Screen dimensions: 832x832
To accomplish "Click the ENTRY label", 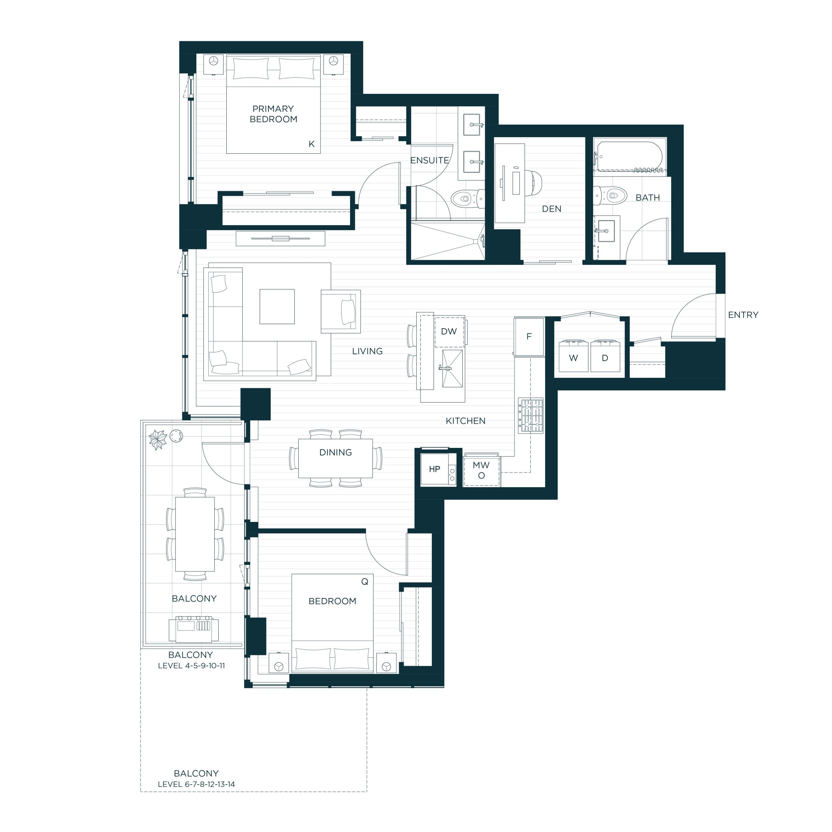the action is (x=743, y=315).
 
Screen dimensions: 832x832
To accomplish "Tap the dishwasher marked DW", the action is (x=449, y=331).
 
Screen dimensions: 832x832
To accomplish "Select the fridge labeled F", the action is (x=529, y=337).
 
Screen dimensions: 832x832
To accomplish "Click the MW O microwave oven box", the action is (x=481, y=471).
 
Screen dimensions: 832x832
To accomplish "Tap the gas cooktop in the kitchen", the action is (x=531, y=415).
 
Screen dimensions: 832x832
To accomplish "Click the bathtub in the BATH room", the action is (x=629, y=156).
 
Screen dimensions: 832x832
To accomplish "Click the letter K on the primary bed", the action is (x=311, y=144).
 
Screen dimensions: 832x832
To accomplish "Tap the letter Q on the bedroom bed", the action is (x=365, y=582).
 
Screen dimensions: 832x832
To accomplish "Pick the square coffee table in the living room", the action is (x=277, y=306).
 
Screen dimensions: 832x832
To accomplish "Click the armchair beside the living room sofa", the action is (x=341, y=311).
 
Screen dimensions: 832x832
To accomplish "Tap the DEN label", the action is (x=552, y=209).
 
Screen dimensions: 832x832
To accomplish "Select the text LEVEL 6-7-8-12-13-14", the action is (x=196, y=796).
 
